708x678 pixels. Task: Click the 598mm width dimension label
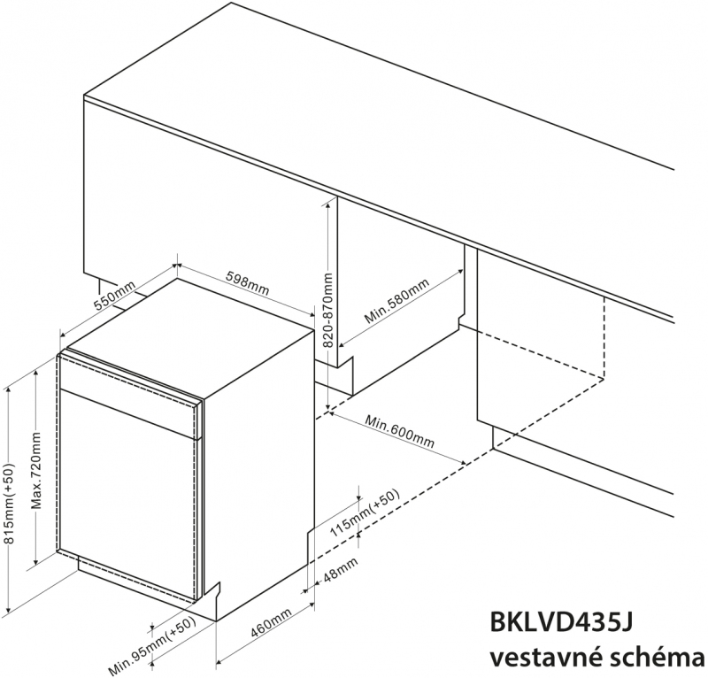[x=248, y=284]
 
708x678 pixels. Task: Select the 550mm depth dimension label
[x=115, y=296]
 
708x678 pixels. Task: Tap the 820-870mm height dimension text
[x=328, y=310]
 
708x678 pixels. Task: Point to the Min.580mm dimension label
[x=396, y=301]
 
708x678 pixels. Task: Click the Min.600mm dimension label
[x=400, y=431]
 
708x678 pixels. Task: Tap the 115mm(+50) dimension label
[x=364, y=513]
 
